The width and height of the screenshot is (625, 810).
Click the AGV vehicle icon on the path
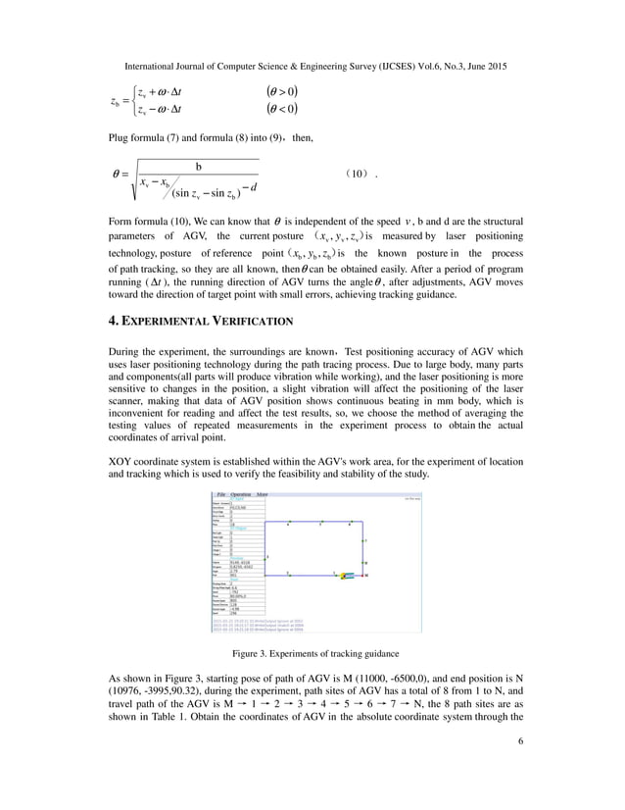coord(345,576)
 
